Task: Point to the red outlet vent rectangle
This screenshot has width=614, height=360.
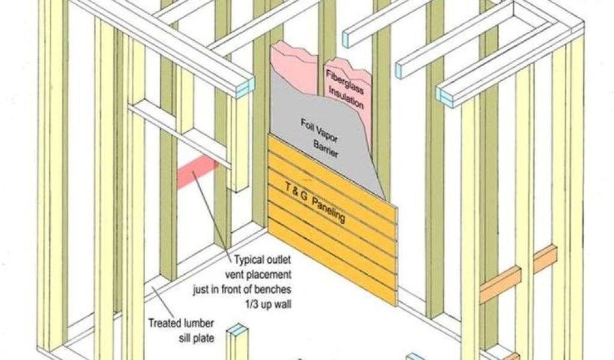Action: click(x=197, y=173)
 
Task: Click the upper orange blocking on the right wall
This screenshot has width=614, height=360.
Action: click(x=545, y=259)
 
